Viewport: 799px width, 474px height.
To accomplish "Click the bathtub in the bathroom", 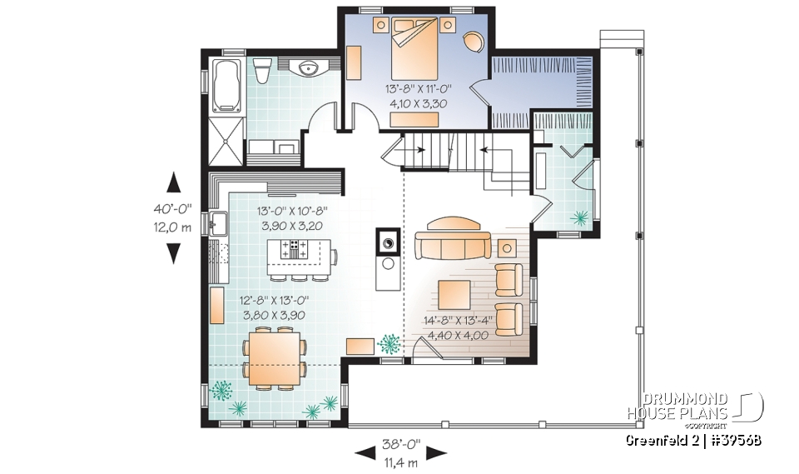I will (x=227, y=85).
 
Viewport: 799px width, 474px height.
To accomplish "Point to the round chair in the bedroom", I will (x=472, y=41).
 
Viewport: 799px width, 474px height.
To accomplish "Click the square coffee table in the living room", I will (x=457, y=293).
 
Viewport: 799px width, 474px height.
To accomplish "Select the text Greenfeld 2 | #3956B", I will (x=693, y=439).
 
